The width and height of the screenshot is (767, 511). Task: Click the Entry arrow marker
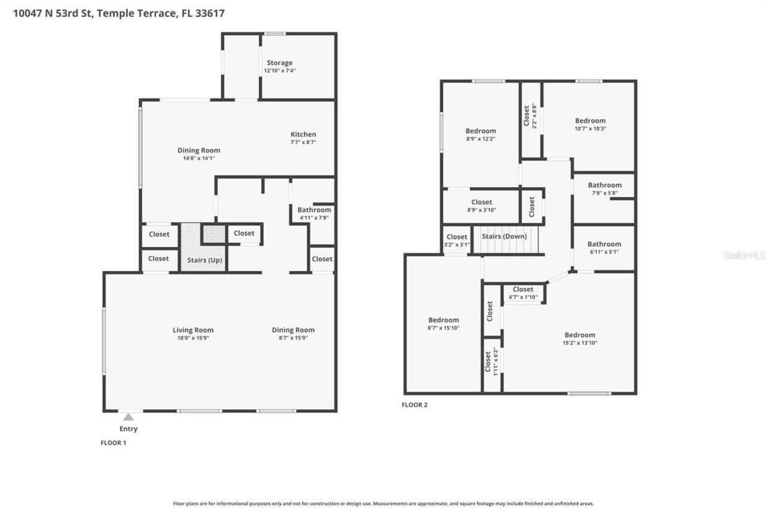tap(128, 417)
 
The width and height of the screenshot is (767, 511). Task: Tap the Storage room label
tap(279, 63)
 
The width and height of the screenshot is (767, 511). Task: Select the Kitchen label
tap(303, 134)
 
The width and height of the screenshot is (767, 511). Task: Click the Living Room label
tap(193, 330)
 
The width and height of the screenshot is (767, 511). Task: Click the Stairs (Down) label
tap(505, 236)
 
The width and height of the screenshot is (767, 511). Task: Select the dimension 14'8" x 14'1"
tap(198, 158)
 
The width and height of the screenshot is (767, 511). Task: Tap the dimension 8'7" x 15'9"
tap(293, 338)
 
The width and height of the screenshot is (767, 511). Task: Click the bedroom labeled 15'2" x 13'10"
tap(579, 335)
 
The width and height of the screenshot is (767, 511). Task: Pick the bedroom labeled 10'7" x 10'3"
tap(590, 121)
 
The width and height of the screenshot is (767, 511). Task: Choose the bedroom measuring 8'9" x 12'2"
tap(481, 131)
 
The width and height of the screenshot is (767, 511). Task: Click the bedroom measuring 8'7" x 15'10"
tap(443, 320)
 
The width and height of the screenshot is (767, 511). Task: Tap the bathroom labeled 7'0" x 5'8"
tap(604, 186)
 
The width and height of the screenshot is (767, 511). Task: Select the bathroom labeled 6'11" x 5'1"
tap(604, 244)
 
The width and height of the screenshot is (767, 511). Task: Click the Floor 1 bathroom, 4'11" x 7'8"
tap(314, 210)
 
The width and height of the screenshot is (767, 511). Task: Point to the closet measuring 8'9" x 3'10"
tap(481, 202)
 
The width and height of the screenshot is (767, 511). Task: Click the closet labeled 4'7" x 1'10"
tap(523, 290)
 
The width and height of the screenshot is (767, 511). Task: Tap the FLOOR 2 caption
tap(415, 405)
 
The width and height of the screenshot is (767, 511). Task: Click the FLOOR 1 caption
tap(113, 443)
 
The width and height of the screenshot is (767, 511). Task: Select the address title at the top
tap(119, 13)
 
